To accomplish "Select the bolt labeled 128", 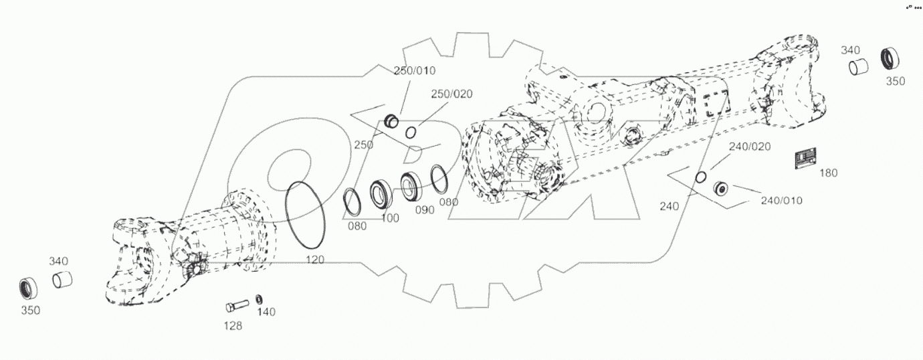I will [237, 306].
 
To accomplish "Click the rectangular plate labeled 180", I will [806, 160].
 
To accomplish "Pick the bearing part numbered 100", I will [382, 194].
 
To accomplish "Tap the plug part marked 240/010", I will [721, 189].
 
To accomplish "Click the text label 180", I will [828, 173].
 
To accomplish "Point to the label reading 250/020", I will [451, 94].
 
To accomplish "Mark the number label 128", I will [233, 326].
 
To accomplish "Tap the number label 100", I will [390, 218].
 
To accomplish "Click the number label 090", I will [424, 209].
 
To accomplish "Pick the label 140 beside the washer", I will [266, 312].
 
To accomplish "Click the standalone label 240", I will [670, 207].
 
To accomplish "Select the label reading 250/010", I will [414, 71].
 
